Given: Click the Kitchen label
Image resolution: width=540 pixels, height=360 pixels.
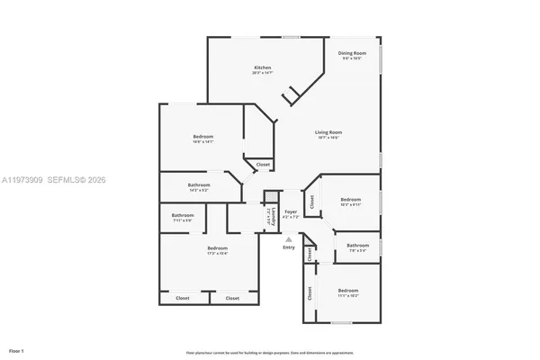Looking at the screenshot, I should tap(262, 67).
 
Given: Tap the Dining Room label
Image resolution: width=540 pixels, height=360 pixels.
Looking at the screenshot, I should tap(351, 53).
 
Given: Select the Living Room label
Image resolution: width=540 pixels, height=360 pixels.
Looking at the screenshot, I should tap(328, 132).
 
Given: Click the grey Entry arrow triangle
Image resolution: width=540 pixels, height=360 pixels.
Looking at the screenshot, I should tap(288, 239).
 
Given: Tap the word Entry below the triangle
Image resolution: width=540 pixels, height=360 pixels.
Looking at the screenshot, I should tap(289, 247).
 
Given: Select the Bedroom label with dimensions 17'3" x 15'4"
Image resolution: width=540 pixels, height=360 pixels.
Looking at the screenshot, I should tap(218, 247).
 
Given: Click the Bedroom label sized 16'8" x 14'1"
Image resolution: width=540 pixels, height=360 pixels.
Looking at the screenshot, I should tap(202, 136).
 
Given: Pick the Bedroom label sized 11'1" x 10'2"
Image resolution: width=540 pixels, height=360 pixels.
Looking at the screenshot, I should tap(347, 290).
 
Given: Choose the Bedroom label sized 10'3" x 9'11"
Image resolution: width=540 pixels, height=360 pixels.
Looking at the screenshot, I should tap(350, 199).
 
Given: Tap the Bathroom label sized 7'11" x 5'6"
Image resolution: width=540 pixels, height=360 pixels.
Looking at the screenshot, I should tap(183, 215).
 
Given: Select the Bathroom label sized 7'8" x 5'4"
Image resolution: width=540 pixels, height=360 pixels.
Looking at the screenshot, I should tap(358, 245).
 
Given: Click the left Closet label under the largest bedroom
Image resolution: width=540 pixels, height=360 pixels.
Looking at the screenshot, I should tap(183, 297).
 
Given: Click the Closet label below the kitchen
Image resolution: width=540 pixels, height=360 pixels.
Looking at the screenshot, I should tap(263, 165).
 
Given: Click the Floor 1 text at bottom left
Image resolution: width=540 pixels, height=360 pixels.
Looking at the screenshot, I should tap(16, 349).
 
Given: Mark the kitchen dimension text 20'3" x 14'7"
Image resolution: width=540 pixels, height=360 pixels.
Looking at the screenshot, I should tap(262, 73).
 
